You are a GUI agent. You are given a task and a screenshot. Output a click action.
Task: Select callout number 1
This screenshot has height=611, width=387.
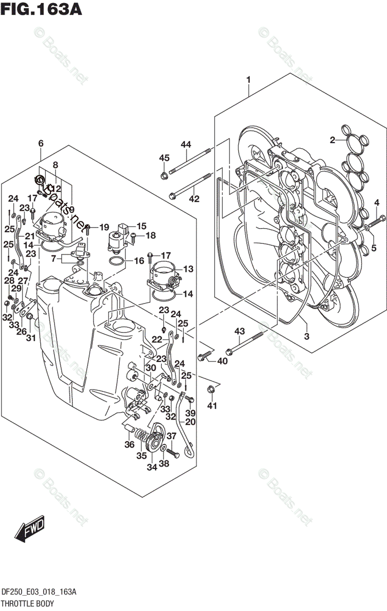pos(248,79)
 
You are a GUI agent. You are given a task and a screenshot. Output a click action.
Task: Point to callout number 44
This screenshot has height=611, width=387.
pos(185,145)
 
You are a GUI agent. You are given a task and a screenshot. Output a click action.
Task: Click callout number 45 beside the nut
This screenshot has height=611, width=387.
pos(163,158)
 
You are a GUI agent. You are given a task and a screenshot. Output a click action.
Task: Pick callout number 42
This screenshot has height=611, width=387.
pos(194,199)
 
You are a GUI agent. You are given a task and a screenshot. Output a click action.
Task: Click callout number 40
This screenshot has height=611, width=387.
pos(222,361)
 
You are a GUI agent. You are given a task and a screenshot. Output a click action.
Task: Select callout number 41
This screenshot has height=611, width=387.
pos(211,406)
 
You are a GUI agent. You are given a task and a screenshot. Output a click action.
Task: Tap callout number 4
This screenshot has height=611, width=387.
pos(376,203)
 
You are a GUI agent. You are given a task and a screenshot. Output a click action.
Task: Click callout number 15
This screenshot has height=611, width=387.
pos(141,226)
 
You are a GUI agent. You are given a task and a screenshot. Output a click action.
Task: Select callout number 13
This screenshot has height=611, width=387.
pos(174,268)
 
